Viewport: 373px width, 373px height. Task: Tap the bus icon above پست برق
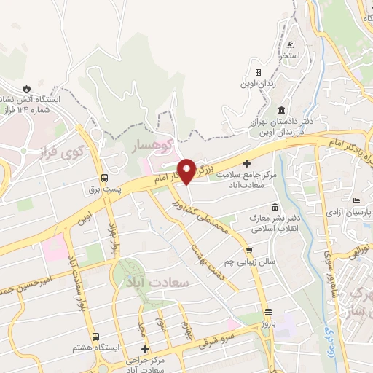[105, 177]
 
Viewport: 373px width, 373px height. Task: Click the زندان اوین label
[259, 83]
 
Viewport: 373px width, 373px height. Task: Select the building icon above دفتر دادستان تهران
[281, 109]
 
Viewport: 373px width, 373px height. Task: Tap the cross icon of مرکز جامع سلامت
[246, 163]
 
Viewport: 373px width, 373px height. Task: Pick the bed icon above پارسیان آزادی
[356, 200]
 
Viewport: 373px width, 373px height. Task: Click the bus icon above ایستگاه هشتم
[95, 337]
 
